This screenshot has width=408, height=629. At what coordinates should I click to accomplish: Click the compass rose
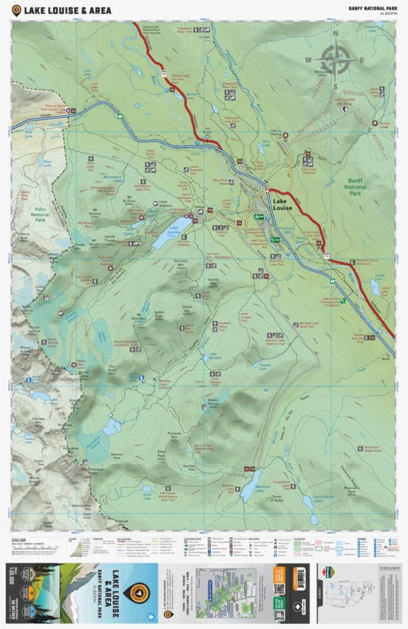(336, 59)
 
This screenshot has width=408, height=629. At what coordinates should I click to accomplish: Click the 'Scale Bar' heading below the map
(18, 539)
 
